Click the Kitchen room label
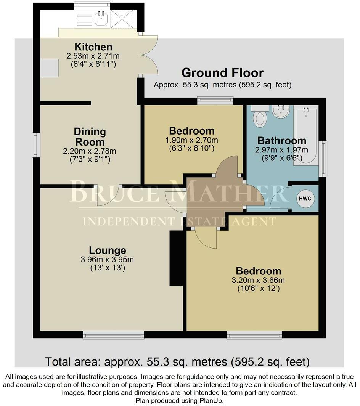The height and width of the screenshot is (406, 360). click(x=93, y=47)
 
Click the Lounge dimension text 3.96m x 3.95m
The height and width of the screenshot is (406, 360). click(x=107, y=260)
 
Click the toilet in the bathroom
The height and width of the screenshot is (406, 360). click(x=261, y=117)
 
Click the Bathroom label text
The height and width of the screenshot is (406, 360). click(x=281, y=140)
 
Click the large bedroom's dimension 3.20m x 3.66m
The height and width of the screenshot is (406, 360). click(x=258, y=281)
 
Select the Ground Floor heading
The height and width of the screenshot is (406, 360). click(x=222, y=72)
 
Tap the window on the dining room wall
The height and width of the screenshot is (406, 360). click(x=36, y=145)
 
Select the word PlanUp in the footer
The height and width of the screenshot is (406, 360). click(x=212, y=401)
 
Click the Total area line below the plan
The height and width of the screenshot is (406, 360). click(x=177, y=361)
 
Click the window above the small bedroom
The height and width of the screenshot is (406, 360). click(x=216, y=100)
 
